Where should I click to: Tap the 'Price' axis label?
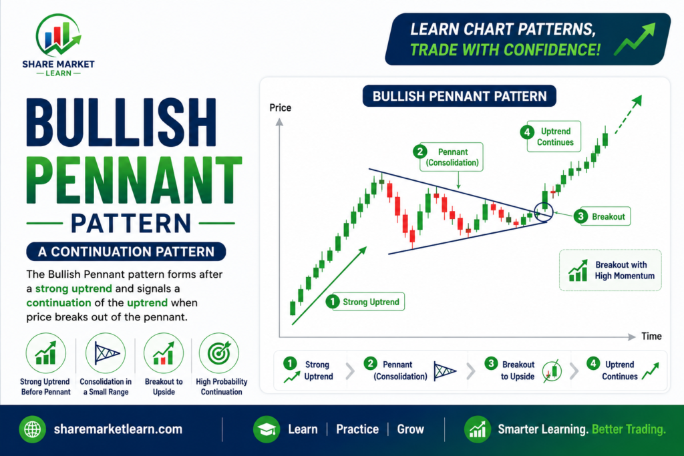coord(280,107)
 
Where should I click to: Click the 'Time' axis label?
coord(651,336)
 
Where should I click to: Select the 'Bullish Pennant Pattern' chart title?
coord(460,96)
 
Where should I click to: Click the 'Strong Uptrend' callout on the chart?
coord(365,302)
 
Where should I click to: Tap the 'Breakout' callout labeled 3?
coord(602,216)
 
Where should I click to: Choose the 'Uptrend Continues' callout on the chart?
coord(550,136)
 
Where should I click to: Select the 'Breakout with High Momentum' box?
coord(611,270)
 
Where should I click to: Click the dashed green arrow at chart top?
coord(628,115)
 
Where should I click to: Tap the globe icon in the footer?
coord(32,429)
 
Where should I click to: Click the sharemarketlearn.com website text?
coord(118,429)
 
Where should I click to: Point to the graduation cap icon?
coord(267,429)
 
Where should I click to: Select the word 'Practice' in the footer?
coord(357,429)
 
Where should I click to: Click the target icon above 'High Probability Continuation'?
coord(219,353)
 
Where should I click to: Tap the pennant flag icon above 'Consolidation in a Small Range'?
coord(106,353)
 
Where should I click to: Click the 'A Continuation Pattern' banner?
coord(126,252)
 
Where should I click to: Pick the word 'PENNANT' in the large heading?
coord(134,180)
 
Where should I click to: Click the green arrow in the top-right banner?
coord(635,39)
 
